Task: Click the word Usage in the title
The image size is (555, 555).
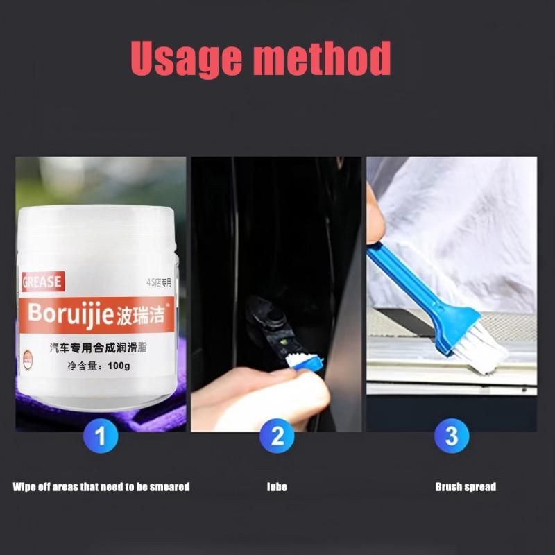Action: pyautogui.click(x=185, y=59)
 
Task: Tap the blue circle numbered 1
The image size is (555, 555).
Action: pyautogui.click(x=101, y=437)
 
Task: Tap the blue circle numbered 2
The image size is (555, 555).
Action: pyautogui.click(x=277, y=437)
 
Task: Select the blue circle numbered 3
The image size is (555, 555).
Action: pyautogui.click(x=452, y=437)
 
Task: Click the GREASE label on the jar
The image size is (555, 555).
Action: pyautogui.click(x=42, y=282)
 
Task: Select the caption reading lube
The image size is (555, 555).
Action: pyautogui.click(x=277, y=487)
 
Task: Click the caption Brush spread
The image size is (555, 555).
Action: pyautogui.click(x=466, y=487)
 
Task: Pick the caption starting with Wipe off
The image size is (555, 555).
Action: pyautogui.click(x=101, y=487)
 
